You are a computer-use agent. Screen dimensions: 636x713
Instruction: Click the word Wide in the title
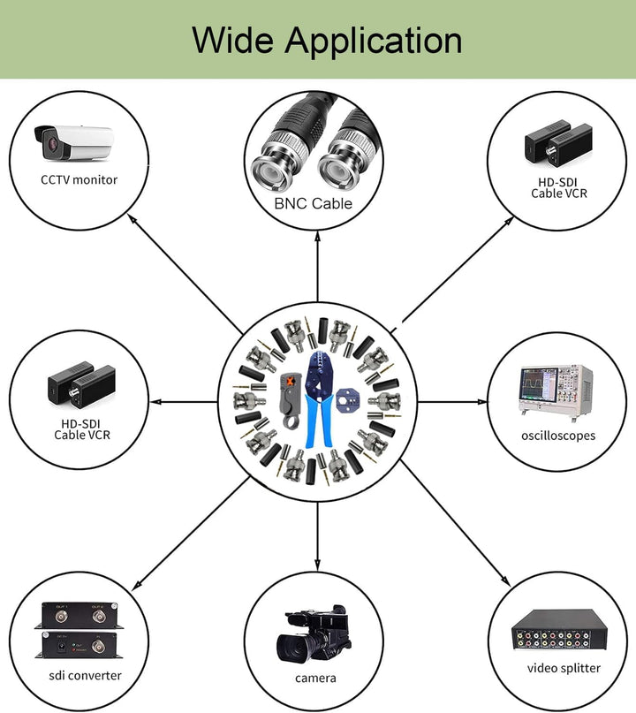[x=233, y=40]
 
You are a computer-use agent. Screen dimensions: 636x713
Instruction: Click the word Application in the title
[x=374, y=42]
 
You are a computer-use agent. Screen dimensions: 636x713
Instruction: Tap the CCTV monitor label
[x=79, y=179]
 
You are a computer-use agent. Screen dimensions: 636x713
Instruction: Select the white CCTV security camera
[x=73, y=142]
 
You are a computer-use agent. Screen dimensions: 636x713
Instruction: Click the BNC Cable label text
[x=314, y=203]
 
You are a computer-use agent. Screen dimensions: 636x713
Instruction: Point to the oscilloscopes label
[x=558, y=436]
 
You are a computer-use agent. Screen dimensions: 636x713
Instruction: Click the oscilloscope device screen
[x=539, y=383]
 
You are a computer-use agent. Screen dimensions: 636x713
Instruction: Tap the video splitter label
[x=564, y=668]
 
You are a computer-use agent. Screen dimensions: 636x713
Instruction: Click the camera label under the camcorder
[x=315, y=678]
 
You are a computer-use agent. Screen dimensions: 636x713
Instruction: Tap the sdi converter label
[x=85, y=675]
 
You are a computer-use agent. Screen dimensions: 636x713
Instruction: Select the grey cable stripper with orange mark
[x=291, y=400]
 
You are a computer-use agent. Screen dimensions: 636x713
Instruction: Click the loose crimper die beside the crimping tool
[x=347, y=401]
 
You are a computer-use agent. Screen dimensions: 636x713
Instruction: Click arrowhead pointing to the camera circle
[x=317, y=565]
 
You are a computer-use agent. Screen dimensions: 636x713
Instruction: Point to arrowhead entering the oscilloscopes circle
[x=481, y=402]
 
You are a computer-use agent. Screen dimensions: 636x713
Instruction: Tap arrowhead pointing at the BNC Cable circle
[x=317, y=237]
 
